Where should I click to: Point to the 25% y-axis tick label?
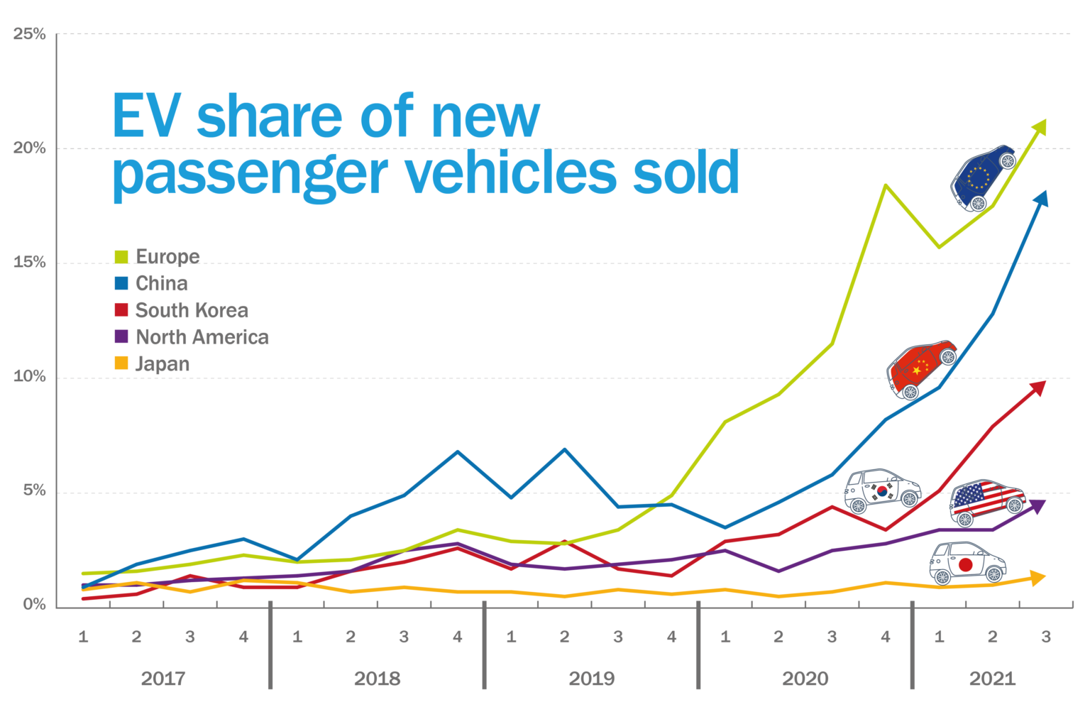coord(29,33)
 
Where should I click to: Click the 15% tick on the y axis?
coord(29,262)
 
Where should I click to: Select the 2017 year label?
coord(163,679)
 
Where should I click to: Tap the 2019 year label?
coord(592,679)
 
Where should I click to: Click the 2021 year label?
coord(992,679)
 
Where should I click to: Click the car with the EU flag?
coord(983,178)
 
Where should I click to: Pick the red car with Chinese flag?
coord(921,368)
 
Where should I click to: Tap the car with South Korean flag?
coord(882,490)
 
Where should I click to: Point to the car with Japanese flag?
coord(967,563)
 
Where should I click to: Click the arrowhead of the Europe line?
coord(1040,127)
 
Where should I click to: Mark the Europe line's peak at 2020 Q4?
coord(886,185)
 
